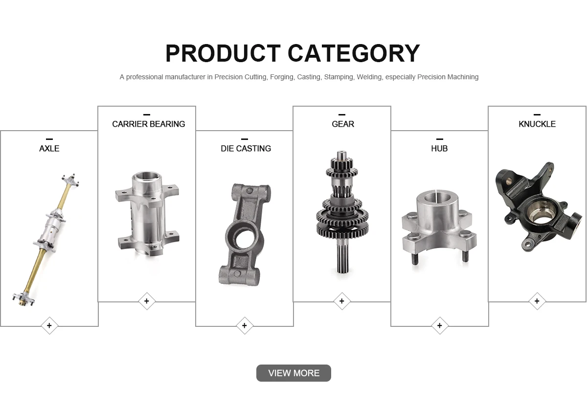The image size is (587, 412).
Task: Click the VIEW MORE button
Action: (293, 373)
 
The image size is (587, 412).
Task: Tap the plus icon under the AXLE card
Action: (49, 325)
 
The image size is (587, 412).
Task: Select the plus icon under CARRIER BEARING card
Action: (147, 301)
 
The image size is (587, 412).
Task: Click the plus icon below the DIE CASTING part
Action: (245, 325)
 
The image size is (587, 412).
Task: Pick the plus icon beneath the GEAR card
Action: (342, 301)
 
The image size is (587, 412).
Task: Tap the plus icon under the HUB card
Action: (440, 325)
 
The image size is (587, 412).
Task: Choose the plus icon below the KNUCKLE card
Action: (537, 301)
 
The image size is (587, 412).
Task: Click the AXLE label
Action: (49, 149)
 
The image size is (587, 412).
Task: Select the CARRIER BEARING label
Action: (149, 124)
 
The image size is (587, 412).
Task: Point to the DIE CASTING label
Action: (246, 149)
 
